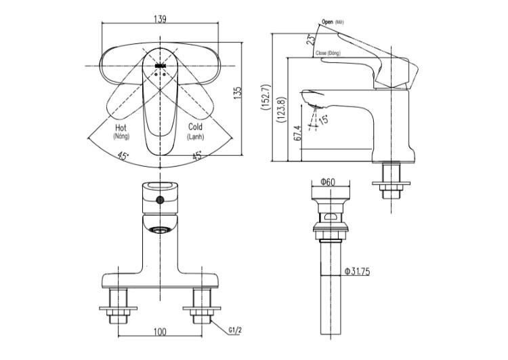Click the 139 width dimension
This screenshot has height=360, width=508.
161,19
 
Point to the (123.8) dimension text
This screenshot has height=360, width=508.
280,110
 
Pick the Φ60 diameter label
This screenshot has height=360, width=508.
328,181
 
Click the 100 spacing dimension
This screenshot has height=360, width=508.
160,332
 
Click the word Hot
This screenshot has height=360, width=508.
121,127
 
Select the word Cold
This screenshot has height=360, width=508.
195,127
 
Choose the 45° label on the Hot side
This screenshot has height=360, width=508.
123,155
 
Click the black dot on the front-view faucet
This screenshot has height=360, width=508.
160,200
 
